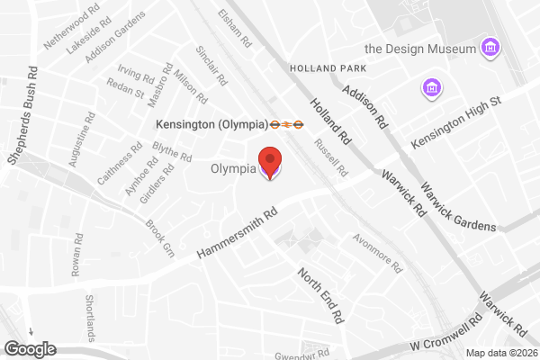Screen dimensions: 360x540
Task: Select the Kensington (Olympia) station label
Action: (x=211, y=124)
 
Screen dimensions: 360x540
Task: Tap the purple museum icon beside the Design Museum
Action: (x=490, y=46)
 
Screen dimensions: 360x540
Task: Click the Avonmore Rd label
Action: (x=376, y=253)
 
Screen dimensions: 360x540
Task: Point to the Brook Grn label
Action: (x=158, y=235)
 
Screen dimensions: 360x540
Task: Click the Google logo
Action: (x=31, y=348)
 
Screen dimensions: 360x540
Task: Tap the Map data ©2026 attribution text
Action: (x=500, y=352)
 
